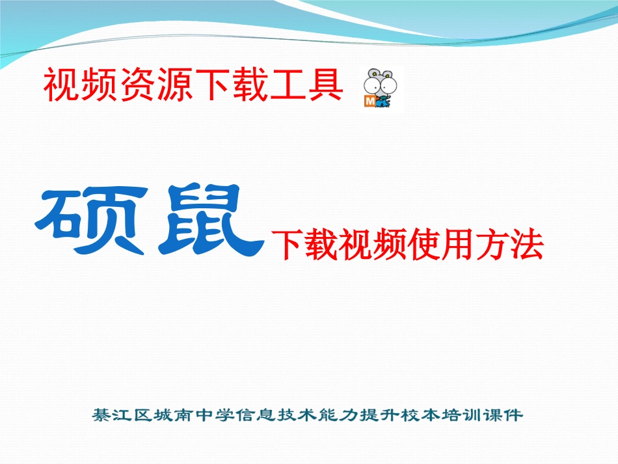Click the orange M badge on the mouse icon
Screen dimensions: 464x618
pyautogui.click(x=368, y=102)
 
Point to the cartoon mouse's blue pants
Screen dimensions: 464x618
pyautogui.click(x=383, y=102)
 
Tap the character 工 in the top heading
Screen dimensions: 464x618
pyautogui.click(x=289, y=86)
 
